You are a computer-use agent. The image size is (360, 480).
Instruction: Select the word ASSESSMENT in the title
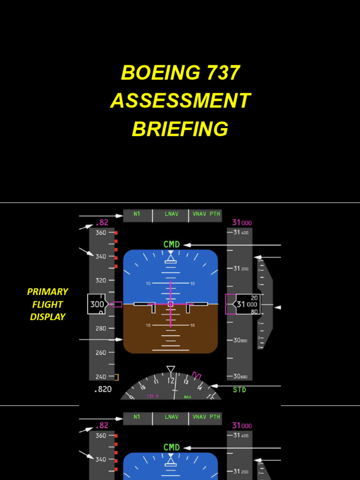click(180, 101)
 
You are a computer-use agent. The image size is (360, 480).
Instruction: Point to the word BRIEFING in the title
click(180, 129)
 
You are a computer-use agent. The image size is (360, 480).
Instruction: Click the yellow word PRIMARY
click(47, 292)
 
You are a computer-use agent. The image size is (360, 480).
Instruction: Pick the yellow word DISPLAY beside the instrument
click(47, 317)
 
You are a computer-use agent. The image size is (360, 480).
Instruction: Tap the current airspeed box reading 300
click(97, 304)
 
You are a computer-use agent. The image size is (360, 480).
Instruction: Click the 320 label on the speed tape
click(101, 280)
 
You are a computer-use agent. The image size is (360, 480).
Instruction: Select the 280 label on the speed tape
click(101, 329)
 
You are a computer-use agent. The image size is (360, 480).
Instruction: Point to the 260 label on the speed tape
click(101, 352)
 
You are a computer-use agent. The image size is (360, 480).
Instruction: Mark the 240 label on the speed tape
click(101, 376)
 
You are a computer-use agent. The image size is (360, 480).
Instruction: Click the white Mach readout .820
click(103, 389)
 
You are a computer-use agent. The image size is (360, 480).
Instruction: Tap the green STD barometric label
click(240, 390)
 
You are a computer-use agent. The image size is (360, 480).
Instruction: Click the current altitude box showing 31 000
click(247, 304)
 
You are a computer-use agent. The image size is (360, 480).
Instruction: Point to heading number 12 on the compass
click(171, 381)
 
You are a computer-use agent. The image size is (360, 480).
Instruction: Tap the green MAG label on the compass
click(187, 397)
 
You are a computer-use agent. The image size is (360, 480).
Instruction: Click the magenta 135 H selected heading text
click(152, 397)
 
